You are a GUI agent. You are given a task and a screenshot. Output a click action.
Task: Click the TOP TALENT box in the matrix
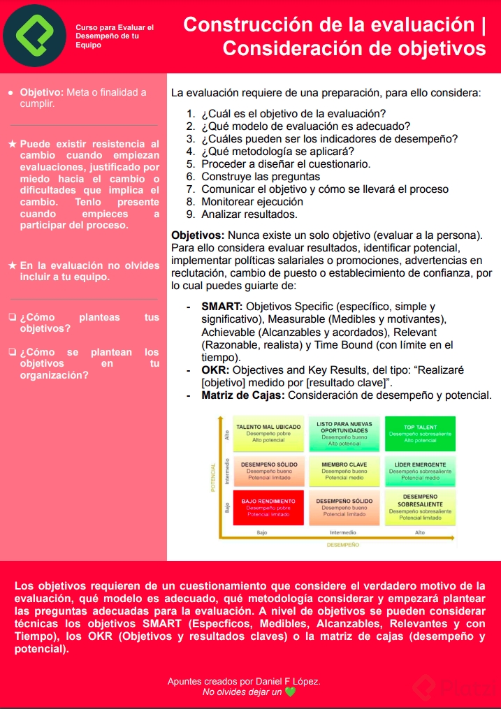point(420,434)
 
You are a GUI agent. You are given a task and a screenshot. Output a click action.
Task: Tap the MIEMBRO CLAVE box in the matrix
point(344,471)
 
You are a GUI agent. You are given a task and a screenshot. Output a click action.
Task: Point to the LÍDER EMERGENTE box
point(420,471)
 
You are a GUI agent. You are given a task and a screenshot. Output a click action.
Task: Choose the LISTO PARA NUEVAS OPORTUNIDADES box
point(344,434)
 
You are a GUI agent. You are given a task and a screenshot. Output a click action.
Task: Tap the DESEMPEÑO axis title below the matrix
point(342,544)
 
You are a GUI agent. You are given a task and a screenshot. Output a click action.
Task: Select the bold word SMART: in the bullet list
point(222,307)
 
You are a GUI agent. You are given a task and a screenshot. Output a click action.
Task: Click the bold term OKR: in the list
point(216,370)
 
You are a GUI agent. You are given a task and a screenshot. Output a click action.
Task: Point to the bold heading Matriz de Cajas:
point(243,395)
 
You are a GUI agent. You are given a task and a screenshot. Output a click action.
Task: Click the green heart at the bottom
point(291,692)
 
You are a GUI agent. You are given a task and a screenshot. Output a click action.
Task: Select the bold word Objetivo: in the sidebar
point(42,92)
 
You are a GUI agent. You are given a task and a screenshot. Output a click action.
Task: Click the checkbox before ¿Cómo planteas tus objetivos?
point(13,317)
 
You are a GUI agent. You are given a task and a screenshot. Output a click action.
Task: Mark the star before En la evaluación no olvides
point(13,265)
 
